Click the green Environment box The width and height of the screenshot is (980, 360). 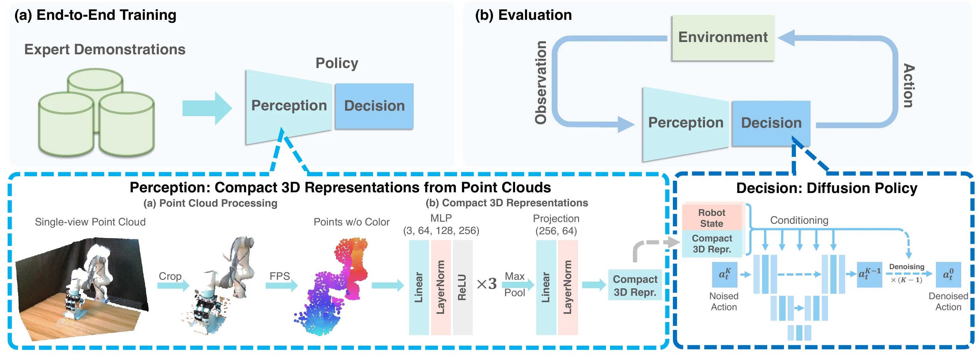pos(723,38)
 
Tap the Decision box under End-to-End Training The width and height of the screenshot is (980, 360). pos(374,106)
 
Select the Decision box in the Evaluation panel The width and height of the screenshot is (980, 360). pos(771,123)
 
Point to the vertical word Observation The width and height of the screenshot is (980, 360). pos(541,83)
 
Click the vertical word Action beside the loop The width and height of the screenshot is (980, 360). pos(908,86)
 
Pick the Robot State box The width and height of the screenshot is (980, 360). pos(712,218)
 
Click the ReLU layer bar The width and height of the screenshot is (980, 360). pos(462,287)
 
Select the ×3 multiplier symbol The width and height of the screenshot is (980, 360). pos(486,283)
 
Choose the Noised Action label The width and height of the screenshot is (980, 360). pos(723,301)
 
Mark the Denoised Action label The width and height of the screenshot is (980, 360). pos(948,301)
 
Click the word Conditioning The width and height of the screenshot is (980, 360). pos(799,220)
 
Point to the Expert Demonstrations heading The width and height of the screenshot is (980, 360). pos(105,50)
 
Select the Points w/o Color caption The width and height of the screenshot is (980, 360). pos(351,222)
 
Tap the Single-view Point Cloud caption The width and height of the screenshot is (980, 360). pos(90,222)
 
